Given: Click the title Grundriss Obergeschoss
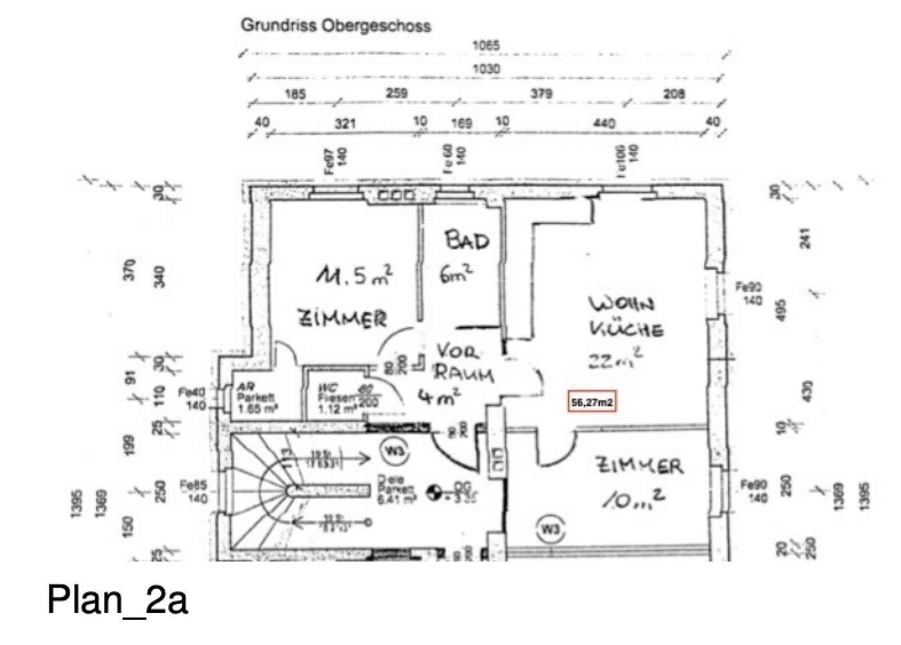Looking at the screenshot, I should (335, 26).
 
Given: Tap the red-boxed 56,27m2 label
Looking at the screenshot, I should (592, 403).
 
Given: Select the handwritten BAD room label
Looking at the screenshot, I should (468, 240).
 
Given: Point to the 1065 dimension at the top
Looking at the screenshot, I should (485, 45).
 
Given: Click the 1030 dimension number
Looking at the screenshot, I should (485, 69).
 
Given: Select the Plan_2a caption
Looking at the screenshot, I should (117, 600).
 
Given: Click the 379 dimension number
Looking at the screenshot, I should (541, 93).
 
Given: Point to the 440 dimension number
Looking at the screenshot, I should (604, 123).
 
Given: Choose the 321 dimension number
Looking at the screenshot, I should (345, 123).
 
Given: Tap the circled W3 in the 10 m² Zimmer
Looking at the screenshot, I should (550, 529).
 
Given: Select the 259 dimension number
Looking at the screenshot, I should (397, 93).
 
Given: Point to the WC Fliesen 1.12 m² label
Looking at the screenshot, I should (338, 399).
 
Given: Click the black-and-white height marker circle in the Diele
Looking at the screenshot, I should (434, 490).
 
